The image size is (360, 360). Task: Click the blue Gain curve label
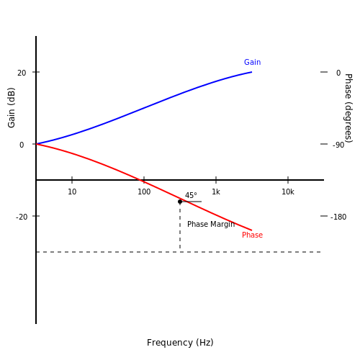(252, 62)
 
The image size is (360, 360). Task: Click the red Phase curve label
(252, 235)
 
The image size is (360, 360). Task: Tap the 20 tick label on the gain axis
(22, 73)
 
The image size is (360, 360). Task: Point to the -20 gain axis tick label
(22, 217)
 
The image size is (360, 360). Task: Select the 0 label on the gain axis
(22, 145)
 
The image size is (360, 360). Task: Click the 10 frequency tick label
(72, 192)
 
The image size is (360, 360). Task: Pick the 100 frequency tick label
(144, 192)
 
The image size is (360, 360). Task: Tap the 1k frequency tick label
(216, 192)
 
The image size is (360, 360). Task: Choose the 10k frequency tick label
(288, 192)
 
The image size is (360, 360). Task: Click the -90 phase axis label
(338, 145)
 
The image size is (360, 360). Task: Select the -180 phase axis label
(338, 217)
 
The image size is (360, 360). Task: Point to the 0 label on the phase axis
(338, 73)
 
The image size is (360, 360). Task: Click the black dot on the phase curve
(180, 202)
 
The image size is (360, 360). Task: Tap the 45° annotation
(191, 195)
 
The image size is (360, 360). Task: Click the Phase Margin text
(211, 224)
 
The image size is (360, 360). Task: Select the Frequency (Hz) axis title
(180, 343)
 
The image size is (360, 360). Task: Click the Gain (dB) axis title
(12, 108)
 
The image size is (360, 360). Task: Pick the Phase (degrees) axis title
(348, 108)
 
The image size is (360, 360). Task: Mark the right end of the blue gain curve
(252, 72)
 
